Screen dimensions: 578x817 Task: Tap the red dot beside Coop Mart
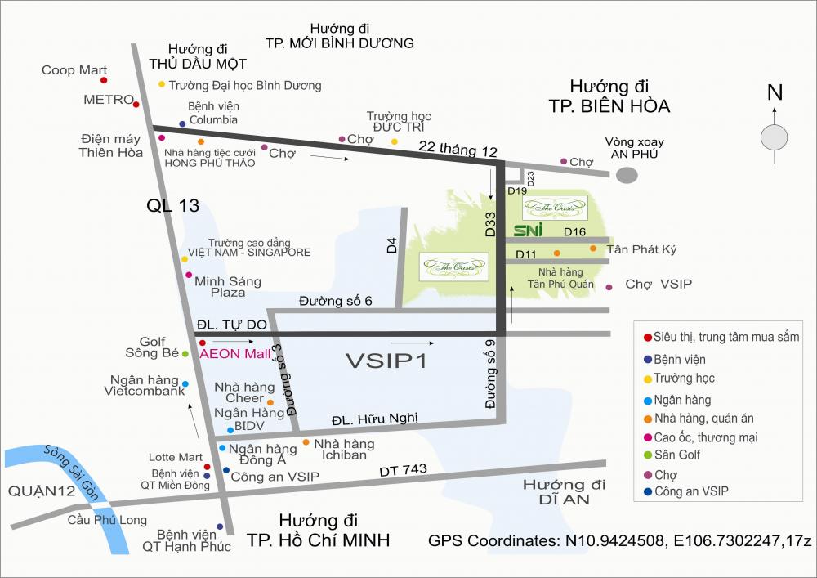coord(104,80)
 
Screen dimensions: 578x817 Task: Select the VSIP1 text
coord(386,361)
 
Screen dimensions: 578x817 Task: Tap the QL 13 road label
coord(173,206)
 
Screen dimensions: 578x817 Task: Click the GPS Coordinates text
coord(619,541)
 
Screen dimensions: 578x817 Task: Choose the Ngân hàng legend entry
coord(682,400)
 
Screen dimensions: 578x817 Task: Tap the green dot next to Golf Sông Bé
coord(185,354)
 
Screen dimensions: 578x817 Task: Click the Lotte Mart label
coord(175,457)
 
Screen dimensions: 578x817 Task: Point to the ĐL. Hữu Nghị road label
coord(374,419)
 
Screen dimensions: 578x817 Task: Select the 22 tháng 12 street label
coord(458,150)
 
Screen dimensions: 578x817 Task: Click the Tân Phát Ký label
coord(641,249)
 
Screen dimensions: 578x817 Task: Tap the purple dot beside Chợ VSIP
coord(609,287)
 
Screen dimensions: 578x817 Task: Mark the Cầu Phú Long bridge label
coord(107,520)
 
